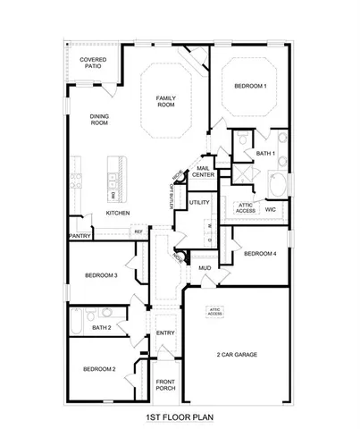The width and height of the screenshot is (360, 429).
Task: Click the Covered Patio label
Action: tap(93, 63)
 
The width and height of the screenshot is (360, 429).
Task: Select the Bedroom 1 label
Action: tap(250, 85)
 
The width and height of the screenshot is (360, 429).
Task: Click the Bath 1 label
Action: tap(264, 153)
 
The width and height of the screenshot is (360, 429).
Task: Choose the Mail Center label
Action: tap(204, 172)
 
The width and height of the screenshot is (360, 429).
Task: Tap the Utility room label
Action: tap(200, 204)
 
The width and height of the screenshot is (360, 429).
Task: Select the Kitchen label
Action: tap(119, 214)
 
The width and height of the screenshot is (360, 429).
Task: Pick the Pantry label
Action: tap(79, 237)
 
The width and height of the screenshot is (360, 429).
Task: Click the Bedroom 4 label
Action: tap(260, 253)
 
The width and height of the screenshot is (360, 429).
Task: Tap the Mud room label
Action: tap(205, 267)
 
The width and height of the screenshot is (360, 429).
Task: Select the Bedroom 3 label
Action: tap(103, 274)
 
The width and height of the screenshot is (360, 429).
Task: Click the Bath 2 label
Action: tap(101, 328)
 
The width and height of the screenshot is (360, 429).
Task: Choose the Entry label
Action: tap(165, 333)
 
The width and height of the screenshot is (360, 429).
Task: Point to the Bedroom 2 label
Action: tap(100, 369)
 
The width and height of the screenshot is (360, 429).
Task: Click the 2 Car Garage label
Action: tap(237, 355)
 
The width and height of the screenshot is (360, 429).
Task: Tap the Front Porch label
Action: tap(164, 385)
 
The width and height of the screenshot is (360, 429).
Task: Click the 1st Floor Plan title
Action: tap(180, 416)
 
